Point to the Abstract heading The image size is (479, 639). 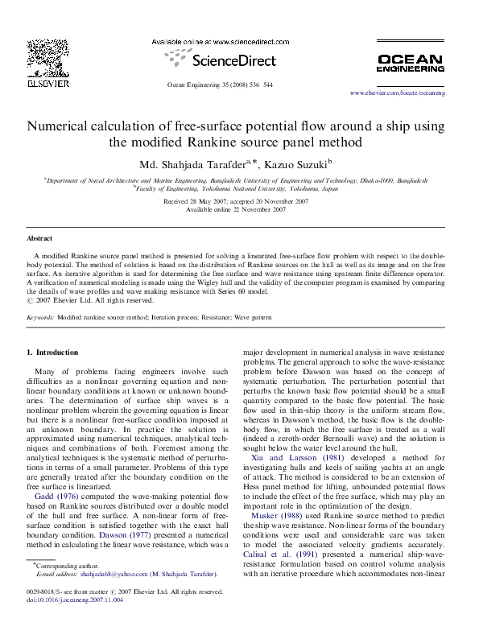(x=39, y=239)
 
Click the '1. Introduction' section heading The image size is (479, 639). (x=52, y=352)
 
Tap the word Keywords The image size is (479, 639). (x=40, y=318)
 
